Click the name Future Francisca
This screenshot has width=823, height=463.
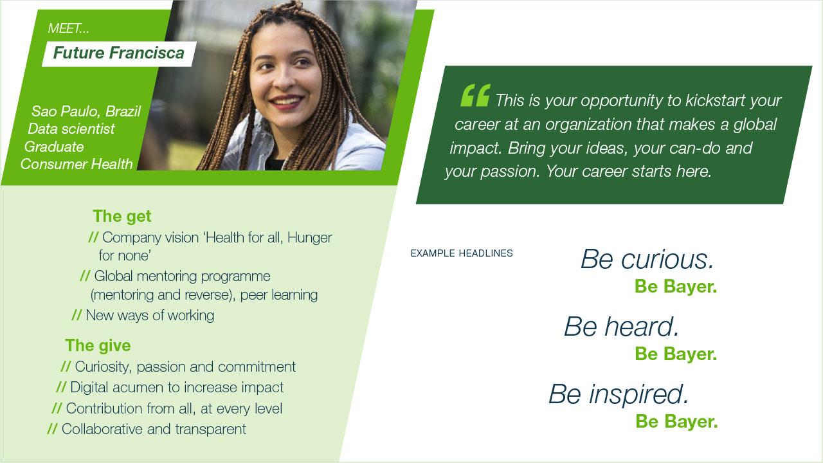(x=119, y=53)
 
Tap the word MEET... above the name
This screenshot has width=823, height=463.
(x=68, y=28)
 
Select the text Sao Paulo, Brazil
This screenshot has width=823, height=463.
(x=86, y=111)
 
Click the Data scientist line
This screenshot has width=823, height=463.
(x=71, y=129)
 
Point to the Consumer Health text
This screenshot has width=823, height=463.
(x=77, y=164)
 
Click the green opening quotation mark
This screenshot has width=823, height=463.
(x=475, y=95)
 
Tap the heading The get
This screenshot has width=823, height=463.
(x=122, y=216)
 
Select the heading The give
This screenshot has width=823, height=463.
(x=98, y=345)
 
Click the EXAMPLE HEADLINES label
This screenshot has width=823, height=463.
(x=462, y=253)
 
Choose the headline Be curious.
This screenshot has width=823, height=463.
(x=647, y=259)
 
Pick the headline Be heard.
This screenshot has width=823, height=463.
(x=621, y=326)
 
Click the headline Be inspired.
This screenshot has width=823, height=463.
(x=619, y=394)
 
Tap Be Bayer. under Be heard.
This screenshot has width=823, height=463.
(x=676, y=354)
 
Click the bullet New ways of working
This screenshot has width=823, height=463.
(x=150, y=315)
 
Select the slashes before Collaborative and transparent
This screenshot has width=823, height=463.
(x=52, y=428)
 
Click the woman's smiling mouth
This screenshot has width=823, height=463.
(x=287, y=102)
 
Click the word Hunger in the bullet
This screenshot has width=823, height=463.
(x=310, y=238)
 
